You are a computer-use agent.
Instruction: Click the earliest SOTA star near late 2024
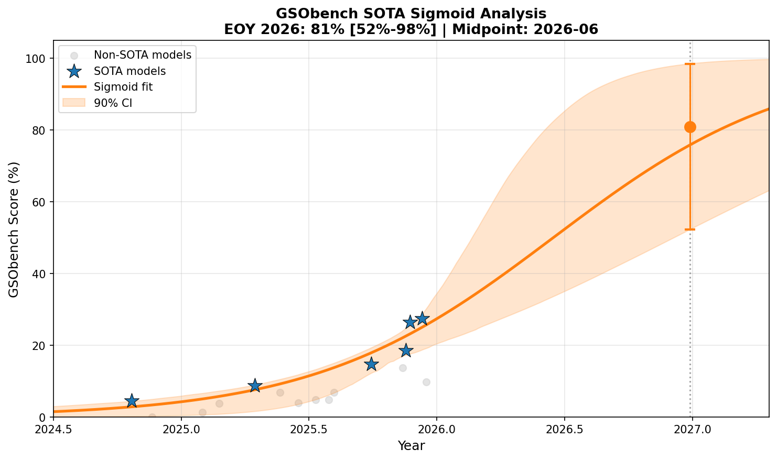[x=132, y=401]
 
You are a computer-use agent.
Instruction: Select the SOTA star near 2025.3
[x=255, y=386]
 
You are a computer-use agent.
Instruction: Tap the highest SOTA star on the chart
[x=422, y=319]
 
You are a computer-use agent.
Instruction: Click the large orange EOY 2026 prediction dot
[x=690, y=127]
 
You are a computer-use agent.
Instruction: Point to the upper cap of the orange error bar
[x=690, y=64]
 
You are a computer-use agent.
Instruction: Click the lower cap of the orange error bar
[x=690, y=229]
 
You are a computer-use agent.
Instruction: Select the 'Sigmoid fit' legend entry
[x=123, y=87]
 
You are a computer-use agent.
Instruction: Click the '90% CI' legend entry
[x=113, y=103]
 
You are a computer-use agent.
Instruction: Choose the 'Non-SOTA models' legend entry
[x=142, y=54]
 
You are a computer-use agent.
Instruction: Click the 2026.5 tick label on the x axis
[x=565, y=429]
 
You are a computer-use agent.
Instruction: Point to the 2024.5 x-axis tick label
[x=53, y=429]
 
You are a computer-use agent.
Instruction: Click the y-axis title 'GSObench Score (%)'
[x=14, y=229]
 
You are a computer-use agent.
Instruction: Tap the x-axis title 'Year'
[x=411, y=446]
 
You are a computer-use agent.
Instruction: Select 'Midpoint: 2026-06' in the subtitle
[x=525, y=29]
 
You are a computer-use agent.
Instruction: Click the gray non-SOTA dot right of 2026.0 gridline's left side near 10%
[x=426, y=382]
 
